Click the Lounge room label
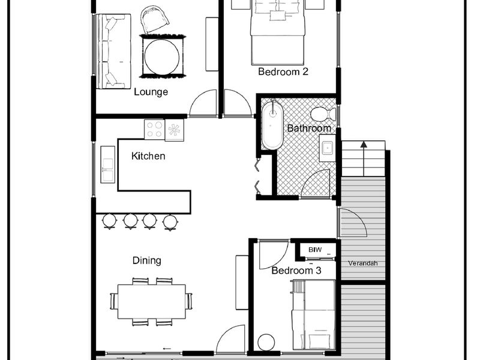(x=151, y=92)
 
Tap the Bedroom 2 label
(x=283, y=71)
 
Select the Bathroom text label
(x=309, y=128)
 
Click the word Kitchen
(x=148, y=156)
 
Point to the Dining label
(x=146, y=260)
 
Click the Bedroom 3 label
(x=296, y=271)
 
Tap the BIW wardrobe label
(x=315, y=250)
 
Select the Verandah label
(x=363, y=263)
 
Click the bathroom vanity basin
(x=328, y=148)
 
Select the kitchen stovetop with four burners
(x=155, y=129)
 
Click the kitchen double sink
(x=108, y=164)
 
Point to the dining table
(x=152, y=302)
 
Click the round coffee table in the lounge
(x=162, y=56)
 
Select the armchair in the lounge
(x=155, y=19)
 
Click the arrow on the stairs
(x=364, y=158)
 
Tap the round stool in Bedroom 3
(x=266, y=342)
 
